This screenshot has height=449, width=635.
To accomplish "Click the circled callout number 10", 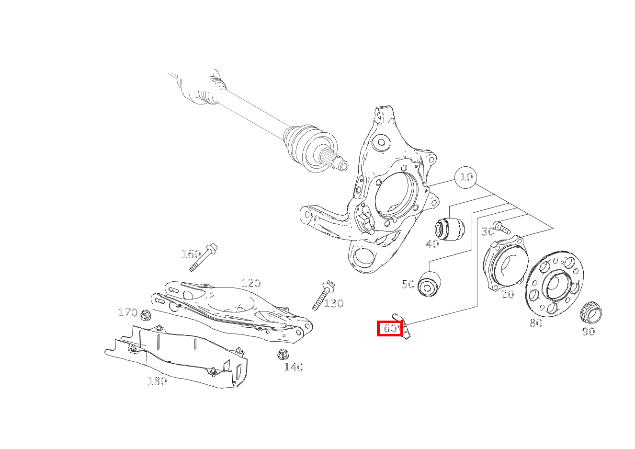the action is tap(466, 177).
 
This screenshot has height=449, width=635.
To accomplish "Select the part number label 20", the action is tap(507, 294).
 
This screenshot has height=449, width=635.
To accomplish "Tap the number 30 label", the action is tap(488, 232).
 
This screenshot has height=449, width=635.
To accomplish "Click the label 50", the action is tap(408, 285).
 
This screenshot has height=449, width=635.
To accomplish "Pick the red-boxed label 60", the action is tap(390, 329).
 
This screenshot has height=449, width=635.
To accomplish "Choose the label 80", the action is tap(536, 323).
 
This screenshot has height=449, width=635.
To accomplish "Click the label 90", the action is tap(588, 332).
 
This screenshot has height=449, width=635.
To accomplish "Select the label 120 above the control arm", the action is tap(251, 283).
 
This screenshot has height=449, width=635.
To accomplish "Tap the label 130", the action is tap(334, 303).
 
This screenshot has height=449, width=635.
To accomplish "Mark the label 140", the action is tap(294, 368).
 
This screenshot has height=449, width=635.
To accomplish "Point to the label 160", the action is tap(191, 254).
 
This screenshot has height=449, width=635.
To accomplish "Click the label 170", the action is tap(128, 313).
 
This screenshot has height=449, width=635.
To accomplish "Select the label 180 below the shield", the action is tap(157, 381).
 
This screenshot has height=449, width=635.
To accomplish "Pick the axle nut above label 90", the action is tap(590, 313).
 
